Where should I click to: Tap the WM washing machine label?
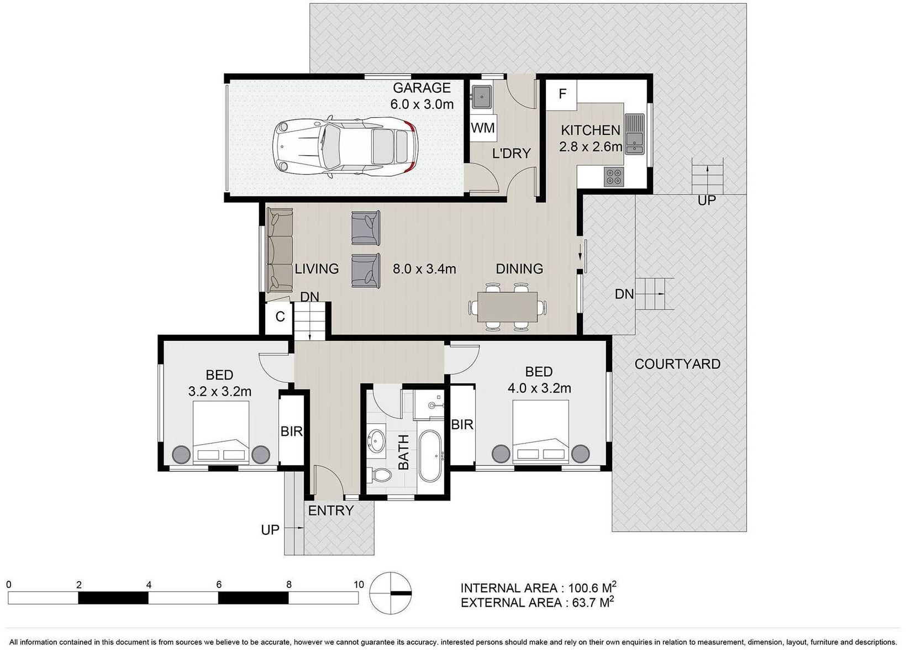click(x=483, y=128)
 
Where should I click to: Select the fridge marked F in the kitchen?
click(x=562, y=95)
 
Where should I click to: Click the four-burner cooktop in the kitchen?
click(x=614, y=177)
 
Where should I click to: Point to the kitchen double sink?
click(x=634, y=134)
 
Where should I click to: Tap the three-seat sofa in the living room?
click(x=280, y=250)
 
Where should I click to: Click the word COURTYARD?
click(x=677, y=364)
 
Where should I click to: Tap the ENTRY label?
click(x=330, y=511)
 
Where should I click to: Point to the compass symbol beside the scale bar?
click(x=391, y=593)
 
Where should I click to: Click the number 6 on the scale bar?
click(x=219, y=585)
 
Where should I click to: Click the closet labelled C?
click(x=279, y=317)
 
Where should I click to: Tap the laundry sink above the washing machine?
click(x=482, y=97)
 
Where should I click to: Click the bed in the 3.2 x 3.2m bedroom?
click(x=221, y=433)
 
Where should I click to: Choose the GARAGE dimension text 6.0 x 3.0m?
click(x=422, y=104)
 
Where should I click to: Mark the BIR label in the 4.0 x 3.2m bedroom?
click(x=462, y=425)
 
